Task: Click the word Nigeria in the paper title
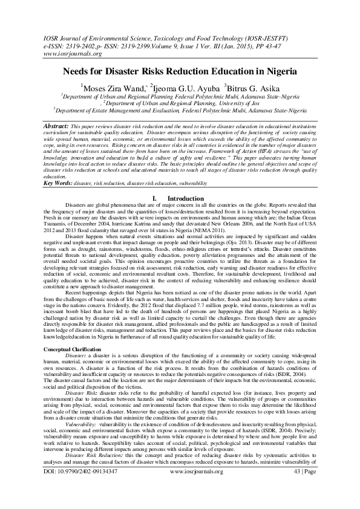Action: [277, 71]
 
